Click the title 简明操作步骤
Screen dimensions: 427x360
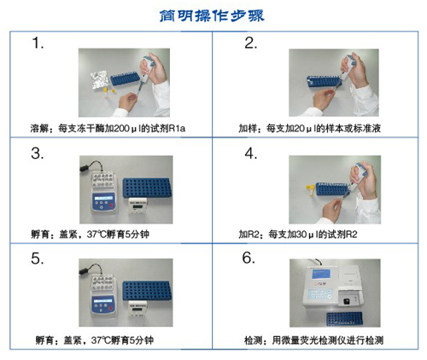(x=212, y=16)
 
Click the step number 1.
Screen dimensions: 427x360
(x=38, y=44)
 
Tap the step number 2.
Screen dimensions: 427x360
(x=250, y=44)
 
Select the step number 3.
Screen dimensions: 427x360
(x=38, y=154)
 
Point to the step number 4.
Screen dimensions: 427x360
(x=251, y=154)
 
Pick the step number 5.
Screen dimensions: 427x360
(x=38, y=258)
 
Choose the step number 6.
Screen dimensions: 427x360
(x=249, y=258)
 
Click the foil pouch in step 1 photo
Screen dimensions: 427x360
(x=99, y=79)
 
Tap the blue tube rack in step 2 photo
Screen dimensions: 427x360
(x=324, y=82)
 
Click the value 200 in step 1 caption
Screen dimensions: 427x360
(x=122, y=129)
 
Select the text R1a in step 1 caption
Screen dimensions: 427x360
(x=177, y=129)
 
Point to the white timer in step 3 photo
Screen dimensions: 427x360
(x=137, y=206)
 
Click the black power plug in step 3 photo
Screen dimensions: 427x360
(x=85, y=168)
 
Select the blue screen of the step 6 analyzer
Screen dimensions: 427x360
(x=321, y=274)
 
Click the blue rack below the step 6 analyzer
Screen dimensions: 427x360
(x=344, y=319)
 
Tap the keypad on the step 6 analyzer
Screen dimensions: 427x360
(x=321, y=294)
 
